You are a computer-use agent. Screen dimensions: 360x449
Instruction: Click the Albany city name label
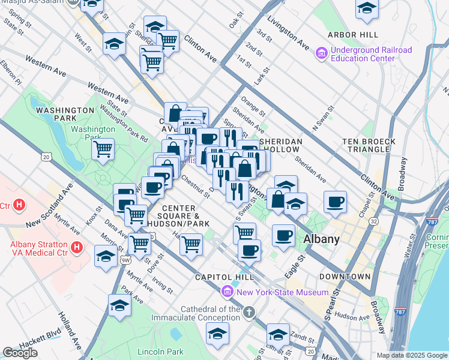(x=321, y=238)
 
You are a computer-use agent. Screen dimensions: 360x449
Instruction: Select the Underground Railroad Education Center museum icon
(x=322, y=54)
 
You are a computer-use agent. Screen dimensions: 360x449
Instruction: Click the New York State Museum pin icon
(x=228, y=292)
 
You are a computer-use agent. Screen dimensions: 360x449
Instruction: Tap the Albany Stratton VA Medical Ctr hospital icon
(x=76, y=247)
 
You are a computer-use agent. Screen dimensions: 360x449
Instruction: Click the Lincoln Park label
(x=160, y=351)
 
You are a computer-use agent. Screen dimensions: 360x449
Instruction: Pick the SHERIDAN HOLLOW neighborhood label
(x=279, y=145)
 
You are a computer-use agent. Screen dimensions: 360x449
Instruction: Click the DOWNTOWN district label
(x=345, y=277)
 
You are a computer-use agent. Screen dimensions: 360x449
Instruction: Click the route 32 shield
(x=373, y=221)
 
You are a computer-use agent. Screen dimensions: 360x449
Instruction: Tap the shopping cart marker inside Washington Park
(x=103, y=148)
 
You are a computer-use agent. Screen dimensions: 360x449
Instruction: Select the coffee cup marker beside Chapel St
(x=336, y=201)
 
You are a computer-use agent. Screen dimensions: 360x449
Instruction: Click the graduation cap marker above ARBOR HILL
(x=367, y=8)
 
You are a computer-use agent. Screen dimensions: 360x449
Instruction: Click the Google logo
(x=20, y=353)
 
